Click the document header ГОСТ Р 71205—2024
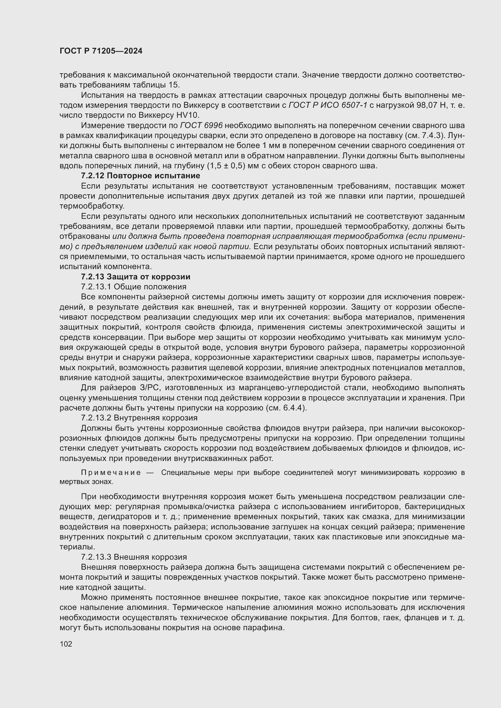coord(101,51)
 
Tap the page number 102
coord(66,644)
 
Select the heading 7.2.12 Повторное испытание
coord(140,176)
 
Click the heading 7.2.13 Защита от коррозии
coord(135,277)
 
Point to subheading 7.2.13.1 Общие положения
coord(134,287)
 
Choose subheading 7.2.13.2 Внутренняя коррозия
coord(139,418)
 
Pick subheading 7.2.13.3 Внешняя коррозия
coord(134,557)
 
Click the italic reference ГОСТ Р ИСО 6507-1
coord(328,105)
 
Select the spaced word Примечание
coord(111,473)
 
